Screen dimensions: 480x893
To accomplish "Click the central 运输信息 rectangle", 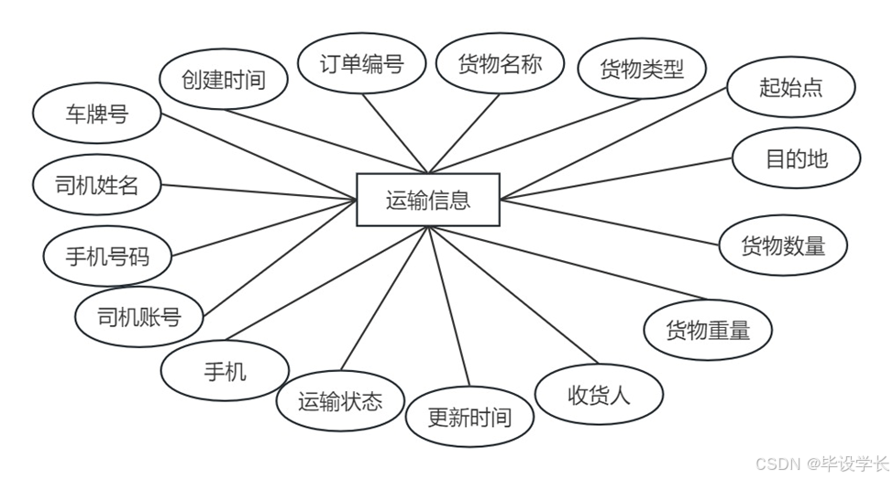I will (428, 200).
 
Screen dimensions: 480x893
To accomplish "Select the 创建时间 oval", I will (223, 80).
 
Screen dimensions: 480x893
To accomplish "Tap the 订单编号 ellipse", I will (361, 64).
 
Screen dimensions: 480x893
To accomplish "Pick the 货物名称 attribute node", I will (500, 64).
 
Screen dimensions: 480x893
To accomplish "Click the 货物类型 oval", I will (642, 69).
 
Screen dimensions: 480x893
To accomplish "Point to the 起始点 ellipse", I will (791, 87).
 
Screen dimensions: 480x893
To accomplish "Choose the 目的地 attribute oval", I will (796, 158).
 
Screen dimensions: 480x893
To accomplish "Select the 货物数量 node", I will (782, 245).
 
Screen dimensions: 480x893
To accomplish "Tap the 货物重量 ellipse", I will (707, 330).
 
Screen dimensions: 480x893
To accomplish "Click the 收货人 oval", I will (599, 396).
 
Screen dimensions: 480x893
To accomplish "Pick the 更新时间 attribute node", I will (469, 418).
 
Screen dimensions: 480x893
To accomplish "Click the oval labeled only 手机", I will (225, 371).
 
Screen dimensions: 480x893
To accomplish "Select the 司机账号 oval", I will (139, 317).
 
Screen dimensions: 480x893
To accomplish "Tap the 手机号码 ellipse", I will (107, 256).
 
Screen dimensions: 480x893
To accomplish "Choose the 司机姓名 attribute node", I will (96, 186).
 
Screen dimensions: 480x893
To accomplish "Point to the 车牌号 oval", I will (96, 115).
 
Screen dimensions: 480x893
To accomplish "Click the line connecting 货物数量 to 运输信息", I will (610, 222).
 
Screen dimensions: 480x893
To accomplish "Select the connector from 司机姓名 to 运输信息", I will (259, 191).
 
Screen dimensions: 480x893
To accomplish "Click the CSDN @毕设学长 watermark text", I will (821, 464).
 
